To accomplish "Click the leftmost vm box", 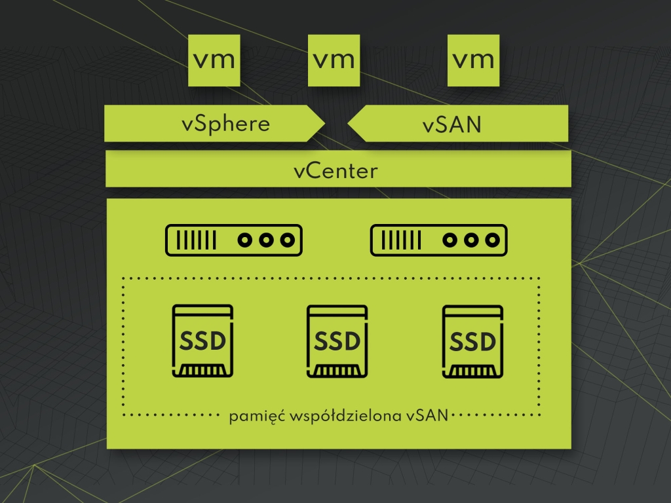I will (214, 60).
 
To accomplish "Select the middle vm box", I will (334, 60).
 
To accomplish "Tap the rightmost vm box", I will (473, 60).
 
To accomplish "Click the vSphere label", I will (225, 124).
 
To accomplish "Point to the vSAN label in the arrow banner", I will (451, 124).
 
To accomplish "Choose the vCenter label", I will (335, 171).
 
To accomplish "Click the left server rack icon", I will (234, 240).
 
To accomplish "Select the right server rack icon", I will (439, 240).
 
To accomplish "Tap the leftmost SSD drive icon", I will (202, 341).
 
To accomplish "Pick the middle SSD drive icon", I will (337, 341).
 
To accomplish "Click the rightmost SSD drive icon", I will (472, 341).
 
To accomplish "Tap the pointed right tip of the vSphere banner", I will (324, 123).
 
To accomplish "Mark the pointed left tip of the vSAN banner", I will (348, 123).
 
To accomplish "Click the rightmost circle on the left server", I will (286, 240).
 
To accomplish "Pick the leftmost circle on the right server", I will (450, 240).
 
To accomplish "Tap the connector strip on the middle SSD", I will (337, 371).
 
